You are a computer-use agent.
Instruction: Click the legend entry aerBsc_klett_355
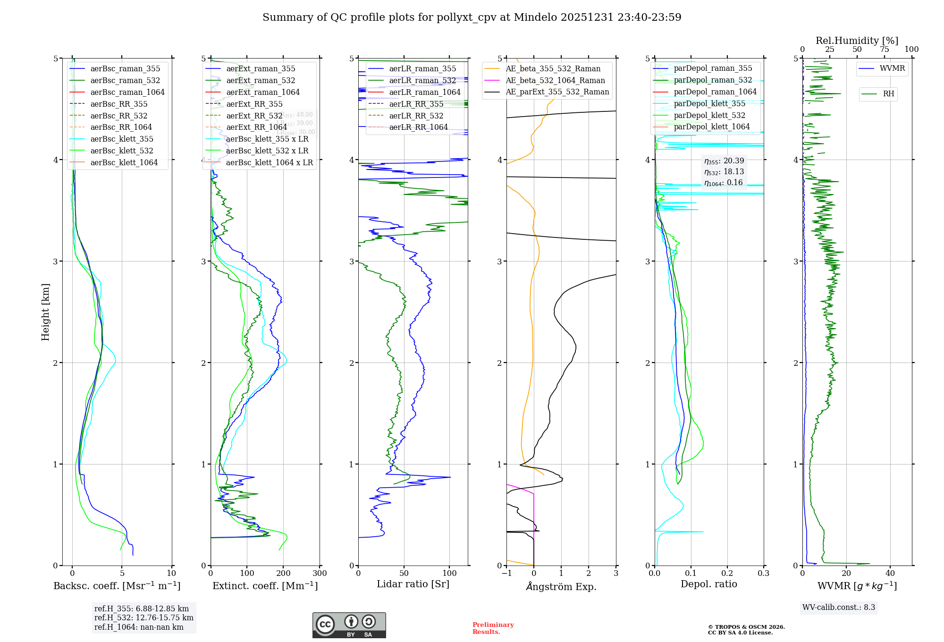[122, 139]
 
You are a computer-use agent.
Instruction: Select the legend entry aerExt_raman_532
[261, 81]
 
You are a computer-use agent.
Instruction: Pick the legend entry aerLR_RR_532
[416, 116]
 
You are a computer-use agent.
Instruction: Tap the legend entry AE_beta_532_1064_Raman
[555, 81]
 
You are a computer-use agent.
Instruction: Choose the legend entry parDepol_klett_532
[709, 116]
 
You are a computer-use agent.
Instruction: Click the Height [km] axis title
[45, 312]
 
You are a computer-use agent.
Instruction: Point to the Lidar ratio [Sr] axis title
[413, 584]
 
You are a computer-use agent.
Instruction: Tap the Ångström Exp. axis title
[561, 587]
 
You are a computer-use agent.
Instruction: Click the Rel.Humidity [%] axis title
[857, 41]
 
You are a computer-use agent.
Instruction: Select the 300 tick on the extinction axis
[320, 574]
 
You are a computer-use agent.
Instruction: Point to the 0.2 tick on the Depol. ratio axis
[727, 574]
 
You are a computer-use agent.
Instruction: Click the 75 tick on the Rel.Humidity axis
[884, 50]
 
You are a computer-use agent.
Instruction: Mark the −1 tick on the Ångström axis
[506, 574]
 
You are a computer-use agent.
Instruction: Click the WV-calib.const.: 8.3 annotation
[838, 608]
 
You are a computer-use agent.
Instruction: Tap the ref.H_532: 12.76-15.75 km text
[143, 618]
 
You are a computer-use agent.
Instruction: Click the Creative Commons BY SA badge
[349, 625]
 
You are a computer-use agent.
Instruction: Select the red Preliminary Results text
[493, 628]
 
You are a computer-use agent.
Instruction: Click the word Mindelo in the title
[535, 17]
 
